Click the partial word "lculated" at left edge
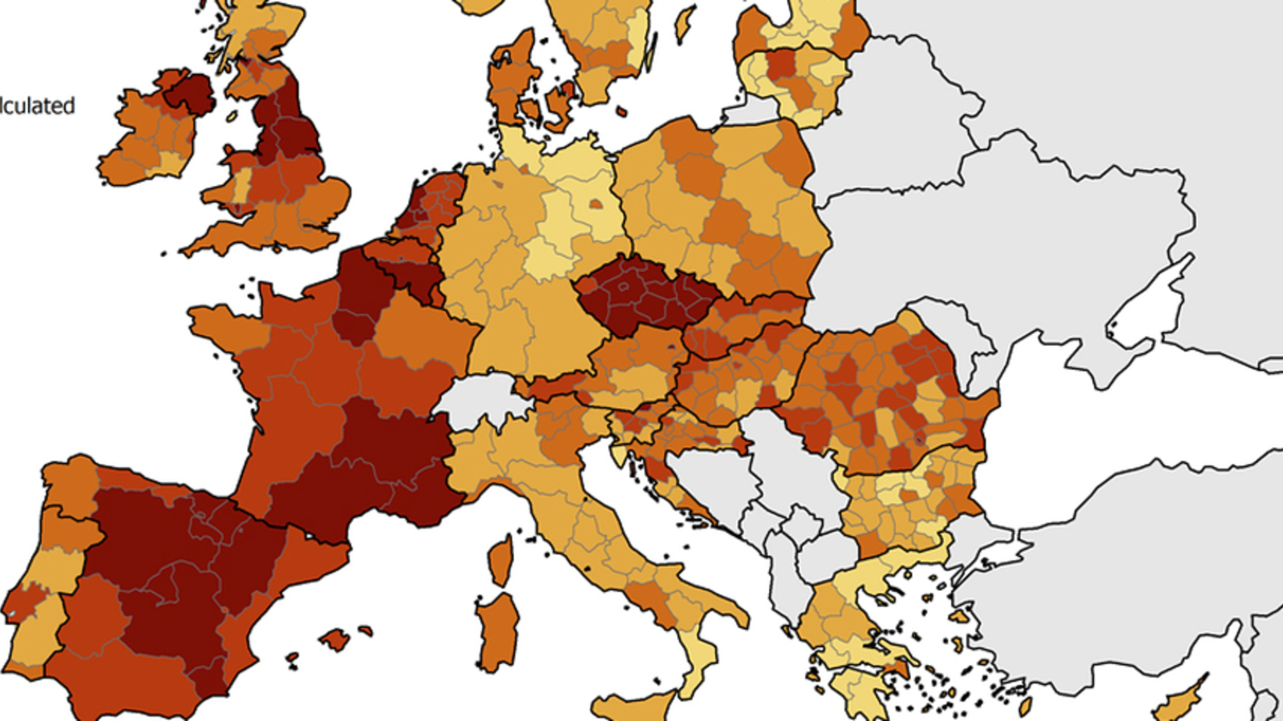[37, 106]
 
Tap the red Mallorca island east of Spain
[334, 639]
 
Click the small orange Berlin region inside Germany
[596, 204]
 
